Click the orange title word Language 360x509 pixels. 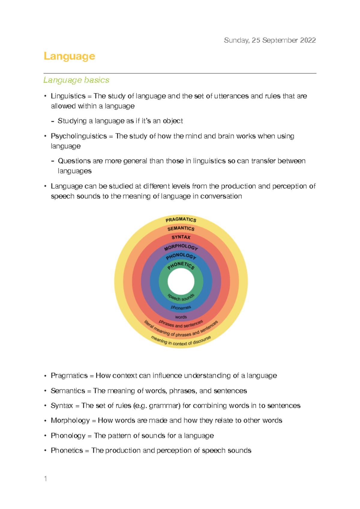coord(69,56)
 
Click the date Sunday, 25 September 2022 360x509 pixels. coord(270,40)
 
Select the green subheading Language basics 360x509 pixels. coord(76,80)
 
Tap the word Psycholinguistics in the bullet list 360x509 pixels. coord(79,136)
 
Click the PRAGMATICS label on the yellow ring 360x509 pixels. coord(181,219)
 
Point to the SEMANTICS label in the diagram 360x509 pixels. coord(181,228)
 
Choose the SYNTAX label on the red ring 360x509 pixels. coord(181,237)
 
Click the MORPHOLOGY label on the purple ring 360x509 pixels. coord(181,247)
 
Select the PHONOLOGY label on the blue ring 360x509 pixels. coord(181,256)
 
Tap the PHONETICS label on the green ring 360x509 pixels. coord(181,265)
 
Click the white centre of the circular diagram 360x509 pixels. coord(181,282)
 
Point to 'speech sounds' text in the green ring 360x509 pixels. coord(181,298)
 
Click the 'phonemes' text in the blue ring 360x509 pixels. coord(181,307)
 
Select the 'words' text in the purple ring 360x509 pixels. coord(181,317)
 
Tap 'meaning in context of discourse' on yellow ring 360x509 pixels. coord(181,342)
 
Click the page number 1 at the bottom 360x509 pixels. coord(45,479)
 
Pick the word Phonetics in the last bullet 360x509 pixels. coord(67,450)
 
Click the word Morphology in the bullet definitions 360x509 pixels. coord(70,420)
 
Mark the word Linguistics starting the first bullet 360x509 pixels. coord(68,96)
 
